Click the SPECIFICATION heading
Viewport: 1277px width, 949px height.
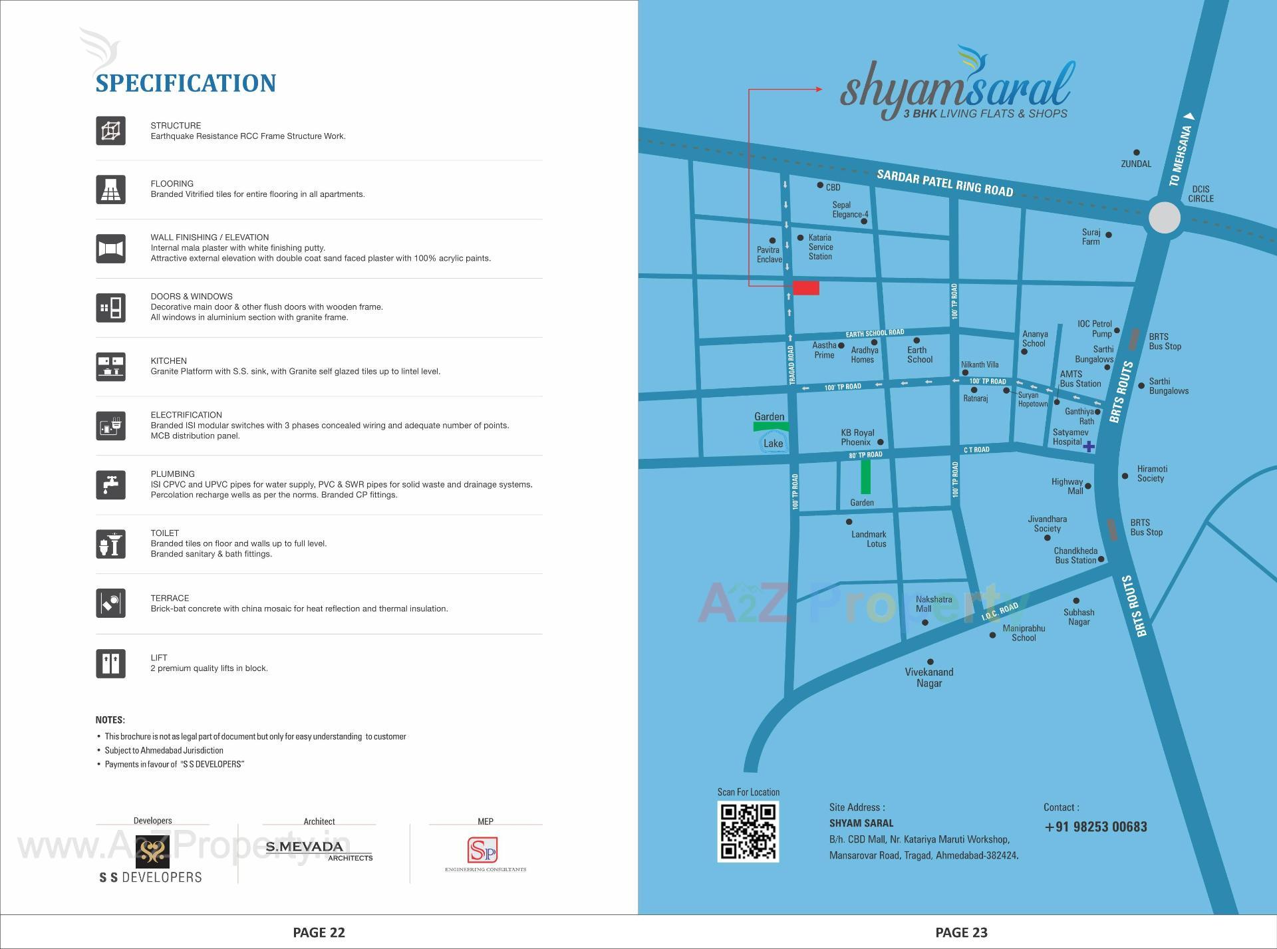tap(186, 83)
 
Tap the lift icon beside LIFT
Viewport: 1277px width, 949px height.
tap(110, 663)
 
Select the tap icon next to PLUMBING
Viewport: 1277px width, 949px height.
tap(110, 484)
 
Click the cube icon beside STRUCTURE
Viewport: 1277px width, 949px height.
tap(110, 130)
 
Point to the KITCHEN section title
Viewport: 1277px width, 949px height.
tap(168, 360)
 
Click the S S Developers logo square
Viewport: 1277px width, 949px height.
tap(152, 851)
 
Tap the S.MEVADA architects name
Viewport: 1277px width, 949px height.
tap(305, 847)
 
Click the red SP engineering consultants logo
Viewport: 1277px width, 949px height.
tap(482, 850)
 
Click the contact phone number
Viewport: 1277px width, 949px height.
tap(1095, 827)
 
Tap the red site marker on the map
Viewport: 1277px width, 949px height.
tap(805, 288)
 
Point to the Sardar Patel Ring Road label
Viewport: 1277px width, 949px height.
tap(944, 183)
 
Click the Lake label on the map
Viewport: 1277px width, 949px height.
tap(773, 444)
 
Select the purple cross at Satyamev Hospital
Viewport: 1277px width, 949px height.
tap(1088, 446)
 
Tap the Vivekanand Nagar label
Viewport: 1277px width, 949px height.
tap(928, 677)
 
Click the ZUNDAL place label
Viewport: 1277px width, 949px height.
tap(1135, 164)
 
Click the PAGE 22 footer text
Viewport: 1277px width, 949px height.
tap(319, 932)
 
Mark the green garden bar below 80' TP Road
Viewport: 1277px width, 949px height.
tap(865, 476)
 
